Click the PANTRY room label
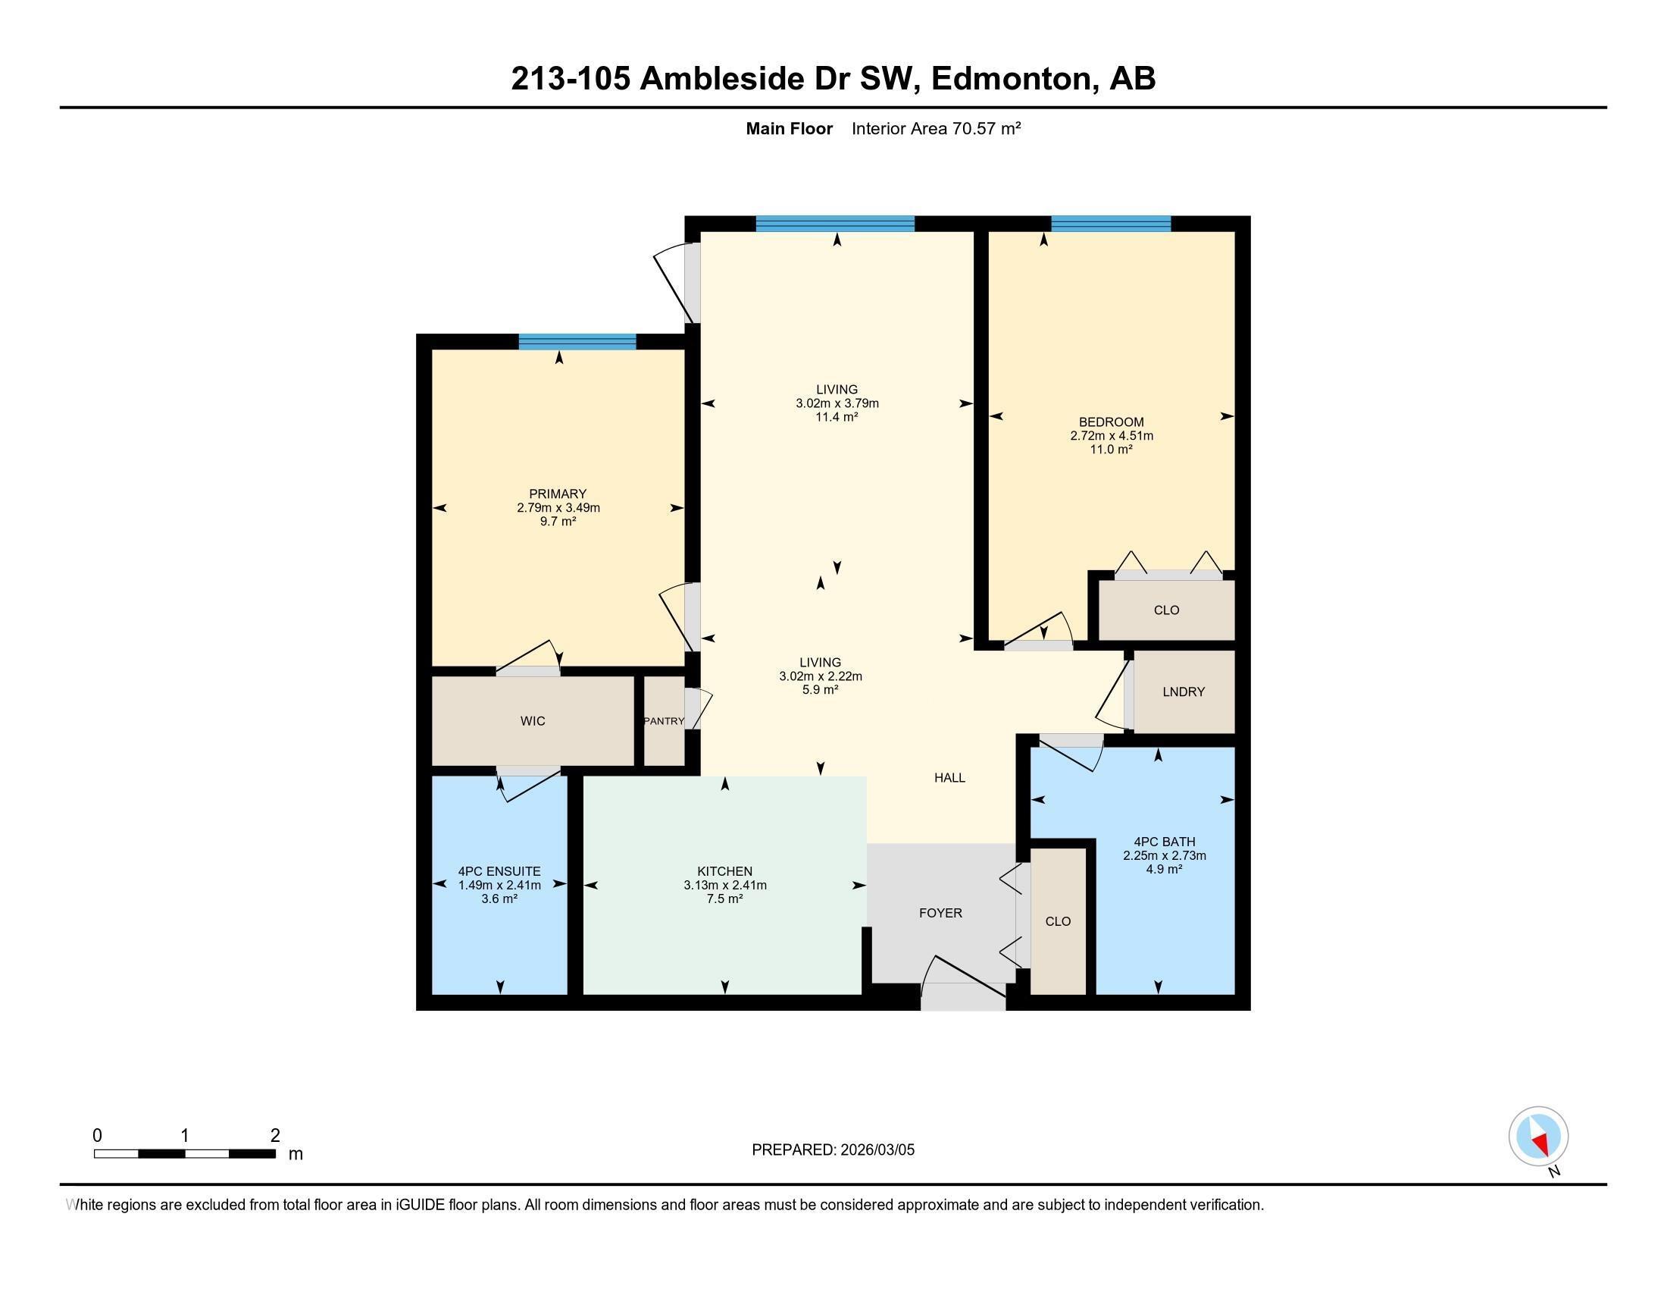click(663, 721)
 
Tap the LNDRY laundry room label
click(1183, 692)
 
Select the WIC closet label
click(533, 721)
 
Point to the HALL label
click(949, 777)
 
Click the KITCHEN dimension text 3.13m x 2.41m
click(724, 885)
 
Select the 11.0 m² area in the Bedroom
click(1111, 450)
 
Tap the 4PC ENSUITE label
click(499, 871)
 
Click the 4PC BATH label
click(1164, 842)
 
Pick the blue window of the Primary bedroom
click(577, 341)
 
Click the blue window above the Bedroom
click(1111, 224)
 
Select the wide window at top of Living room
click(835, 224)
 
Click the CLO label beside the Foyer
click(1058, 922)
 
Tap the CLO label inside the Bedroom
click(1166, 610)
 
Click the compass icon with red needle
click(1538, 1136)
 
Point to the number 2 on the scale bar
click(275, 1136)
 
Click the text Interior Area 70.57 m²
click(936, 128)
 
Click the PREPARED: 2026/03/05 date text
click(833, 1150)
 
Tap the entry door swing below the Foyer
click(962, 981)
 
